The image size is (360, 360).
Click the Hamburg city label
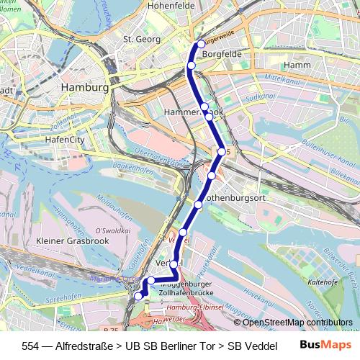click(x=85, y=87)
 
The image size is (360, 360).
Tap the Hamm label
click(x=297, y=65)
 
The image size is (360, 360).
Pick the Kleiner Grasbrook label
click(x=72, y=241)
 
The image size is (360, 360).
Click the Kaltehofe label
click(x=323, y=283)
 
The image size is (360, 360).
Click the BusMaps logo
click(x=321, y=345)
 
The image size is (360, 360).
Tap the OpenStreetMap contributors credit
click(x=297, y=323)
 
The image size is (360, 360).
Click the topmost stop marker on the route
click(x=201, y=45)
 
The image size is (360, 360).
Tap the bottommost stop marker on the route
click(x=138, y=295)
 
